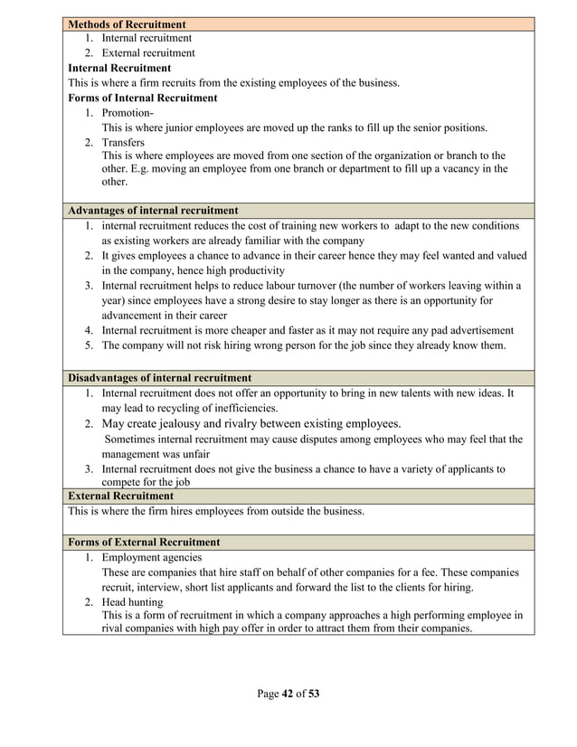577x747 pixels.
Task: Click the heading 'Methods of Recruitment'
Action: click(128, 24)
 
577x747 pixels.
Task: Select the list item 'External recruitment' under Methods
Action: click(147, 53)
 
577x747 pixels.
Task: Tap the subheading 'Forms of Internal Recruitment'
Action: click(143, 98)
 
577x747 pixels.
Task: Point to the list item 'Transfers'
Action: click(123, 142)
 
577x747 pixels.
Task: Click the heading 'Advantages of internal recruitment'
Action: click(153, 211)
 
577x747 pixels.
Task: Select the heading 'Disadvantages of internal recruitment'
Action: click(160, 378)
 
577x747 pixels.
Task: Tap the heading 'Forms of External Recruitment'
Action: click(144, 542)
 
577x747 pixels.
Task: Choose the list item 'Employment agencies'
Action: click(152, 558)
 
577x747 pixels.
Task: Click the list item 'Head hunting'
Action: click(132, 601)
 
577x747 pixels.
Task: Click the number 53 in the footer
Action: click(314, 695)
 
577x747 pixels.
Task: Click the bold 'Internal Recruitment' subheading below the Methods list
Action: click(119, 68)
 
